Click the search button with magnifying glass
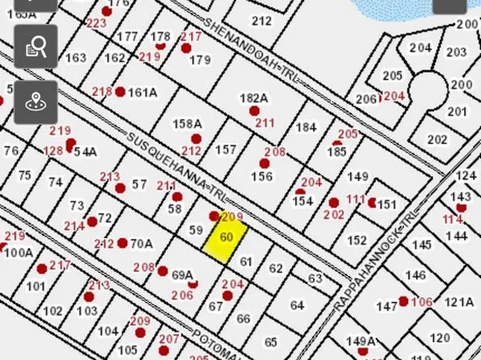coord(36,47)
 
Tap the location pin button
coord(36,102)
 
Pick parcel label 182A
coord(253,98)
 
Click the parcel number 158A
coord(187,123)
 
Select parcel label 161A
coord(143,92)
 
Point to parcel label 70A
coord(141,243)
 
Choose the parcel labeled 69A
coord(183,275)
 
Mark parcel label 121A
coord(458,302)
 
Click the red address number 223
coord(96,23)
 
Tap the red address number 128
coord(53,151)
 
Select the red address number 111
coord(356,199)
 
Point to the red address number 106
coord(422,302)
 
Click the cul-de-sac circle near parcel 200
coord(428,89)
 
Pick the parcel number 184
coord(306,128)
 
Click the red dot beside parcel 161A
coord(120,92)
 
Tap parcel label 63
coord(316,278)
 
